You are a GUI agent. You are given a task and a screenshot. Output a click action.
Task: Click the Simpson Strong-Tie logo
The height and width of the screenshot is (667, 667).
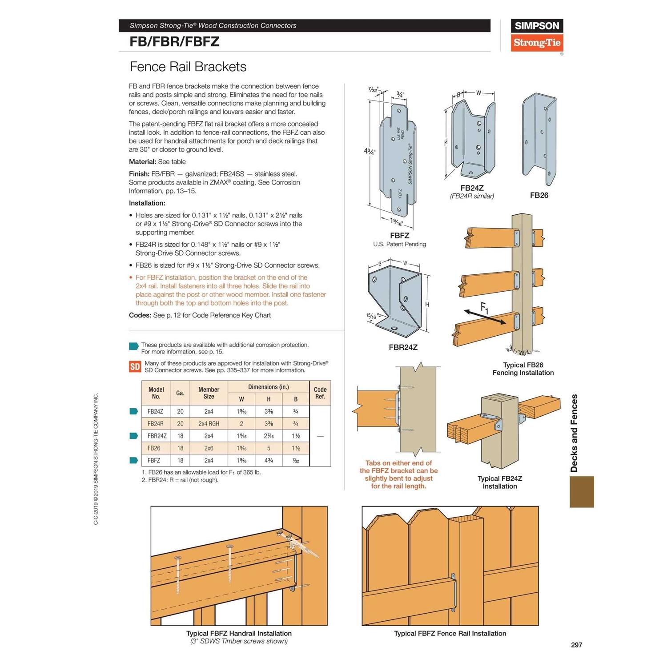click(x=537, y=35)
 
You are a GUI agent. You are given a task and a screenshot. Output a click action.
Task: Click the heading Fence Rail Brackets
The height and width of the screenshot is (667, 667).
click(x=188, y=67)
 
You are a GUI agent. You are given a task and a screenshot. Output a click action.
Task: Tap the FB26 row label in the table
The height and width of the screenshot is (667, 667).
click(x=154, y=448)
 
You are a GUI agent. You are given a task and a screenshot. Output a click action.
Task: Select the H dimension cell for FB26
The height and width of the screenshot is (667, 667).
click(x=269, y=448)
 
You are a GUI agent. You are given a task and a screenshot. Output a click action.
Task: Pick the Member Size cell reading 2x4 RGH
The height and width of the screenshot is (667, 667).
click(x=209, y=424)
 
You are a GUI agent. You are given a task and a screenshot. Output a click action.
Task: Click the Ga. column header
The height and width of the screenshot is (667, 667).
click(x=180, y=393)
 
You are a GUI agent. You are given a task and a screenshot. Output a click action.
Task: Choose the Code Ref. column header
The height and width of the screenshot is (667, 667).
click(x=320, y=393)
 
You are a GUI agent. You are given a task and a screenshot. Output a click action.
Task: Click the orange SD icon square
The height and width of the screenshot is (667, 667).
click(x=135, y=366)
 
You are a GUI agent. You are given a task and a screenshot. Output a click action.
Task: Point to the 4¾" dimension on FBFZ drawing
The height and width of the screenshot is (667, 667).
click(x=370, y=151)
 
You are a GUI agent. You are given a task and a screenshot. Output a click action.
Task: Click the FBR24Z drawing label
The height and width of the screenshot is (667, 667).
click(x=403, y=347)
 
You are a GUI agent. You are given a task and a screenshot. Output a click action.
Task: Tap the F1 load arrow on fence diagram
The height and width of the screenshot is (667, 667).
click(x=485, y=316)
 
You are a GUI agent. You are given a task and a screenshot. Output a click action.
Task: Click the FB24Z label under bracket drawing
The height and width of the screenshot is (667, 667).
click(x=472, y=188)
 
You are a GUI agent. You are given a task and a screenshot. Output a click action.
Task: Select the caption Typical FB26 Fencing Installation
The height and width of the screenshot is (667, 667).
click(x=523, y=369)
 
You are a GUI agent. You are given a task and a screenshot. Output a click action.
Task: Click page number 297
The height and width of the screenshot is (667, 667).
click(x=576, y=645)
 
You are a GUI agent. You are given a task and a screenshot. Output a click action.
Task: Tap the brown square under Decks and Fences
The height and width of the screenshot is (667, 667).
click(x=582, y=492)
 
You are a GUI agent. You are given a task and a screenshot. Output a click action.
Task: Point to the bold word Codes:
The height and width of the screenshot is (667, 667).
click(x=140, y=315)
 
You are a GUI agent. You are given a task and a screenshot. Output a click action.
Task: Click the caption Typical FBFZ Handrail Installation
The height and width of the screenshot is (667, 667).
click(x=239, y=633)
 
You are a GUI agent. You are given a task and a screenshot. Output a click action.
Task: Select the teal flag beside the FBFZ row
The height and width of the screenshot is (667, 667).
click(x=133, y=460)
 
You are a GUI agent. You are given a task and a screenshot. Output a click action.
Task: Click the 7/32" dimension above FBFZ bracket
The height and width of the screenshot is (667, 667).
click(x=373, y=90)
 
